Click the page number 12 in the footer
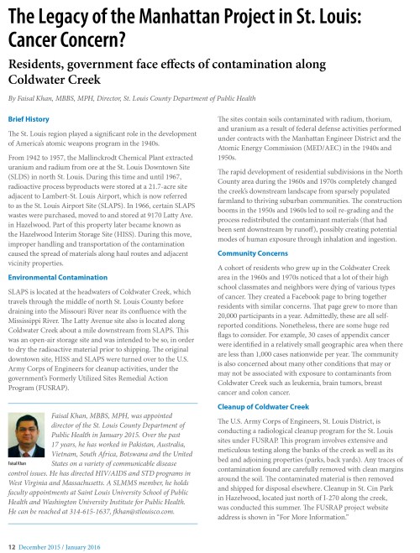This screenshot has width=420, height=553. [x=11, y=545]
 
